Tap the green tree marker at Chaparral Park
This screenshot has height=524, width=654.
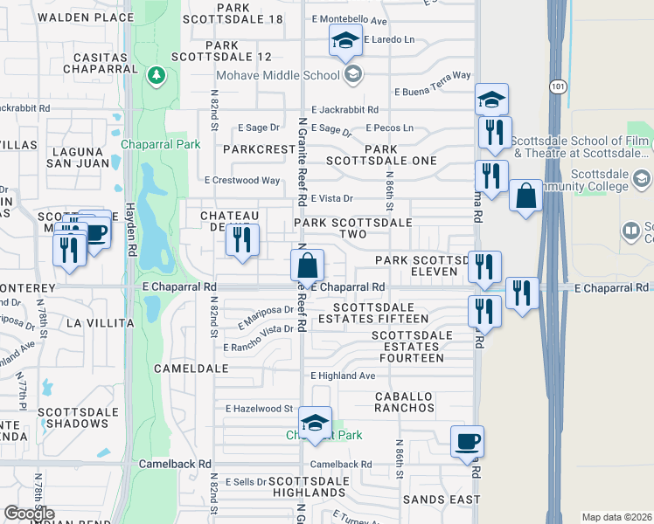click(157, 75)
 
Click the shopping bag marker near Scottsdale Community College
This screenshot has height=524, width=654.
click(525, 196)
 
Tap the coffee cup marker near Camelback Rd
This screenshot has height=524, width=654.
click(467, 442)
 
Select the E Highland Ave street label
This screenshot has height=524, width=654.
click(343, 376)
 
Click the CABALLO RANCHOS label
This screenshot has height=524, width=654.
click(404, 402)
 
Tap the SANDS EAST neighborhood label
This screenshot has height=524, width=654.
click(442, 500)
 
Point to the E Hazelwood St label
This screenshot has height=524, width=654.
click(258, 408)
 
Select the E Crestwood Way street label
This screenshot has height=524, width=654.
click(242, 181)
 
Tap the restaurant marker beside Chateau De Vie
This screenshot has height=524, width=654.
click(242, 239)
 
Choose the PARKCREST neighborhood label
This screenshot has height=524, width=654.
click(259, 149)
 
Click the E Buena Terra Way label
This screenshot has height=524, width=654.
click(433, 91)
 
